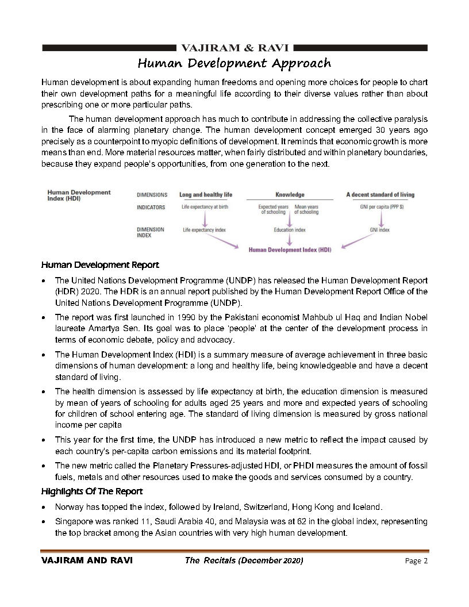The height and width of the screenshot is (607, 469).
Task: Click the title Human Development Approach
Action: pos(234,63)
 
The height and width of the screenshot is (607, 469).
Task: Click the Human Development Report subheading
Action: pos(100,265)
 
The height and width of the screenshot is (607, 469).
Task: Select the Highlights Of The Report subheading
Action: pos(92,491)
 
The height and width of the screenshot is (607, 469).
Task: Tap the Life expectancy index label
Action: pos(204,230)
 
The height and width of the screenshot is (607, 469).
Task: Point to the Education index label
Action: pos(290,230)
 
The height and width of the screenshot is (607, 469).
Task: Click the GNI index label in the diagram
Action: pos(380,230)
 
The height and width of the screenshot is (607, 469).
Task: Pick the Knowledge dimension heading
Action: pos(290,195)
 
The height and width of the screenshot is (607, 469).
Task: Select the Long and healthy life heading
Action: pos(206,195)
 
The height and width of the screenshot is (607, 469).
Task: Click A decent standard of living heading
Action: pos(380,195)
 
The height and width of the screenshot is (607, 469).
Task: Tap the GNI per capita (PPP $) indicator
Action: pos(380,207)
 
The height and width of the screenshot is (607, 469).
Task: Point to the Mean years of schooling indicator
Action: pos(306,209)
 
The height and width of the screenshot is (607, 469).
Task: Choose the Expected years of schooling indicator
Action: pos(273,209)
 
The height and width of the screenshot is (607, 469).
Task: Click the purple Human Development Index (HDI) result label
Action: pos(290,249)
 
